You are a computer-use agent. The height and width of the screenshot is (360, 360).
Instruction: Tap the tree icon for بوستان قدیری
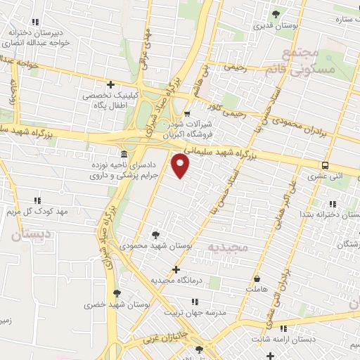click(x=276, y=14)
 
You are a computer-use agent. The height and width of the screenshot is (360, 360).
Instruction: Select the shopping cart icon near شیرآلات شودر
click(x=186, y=114)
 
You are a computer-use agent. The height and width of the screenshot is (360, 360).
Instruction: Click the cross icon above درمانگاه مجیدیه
click(x=176, y=269)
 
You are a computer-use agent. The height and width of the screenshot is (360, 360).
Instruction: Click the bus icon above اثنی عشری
click(x=324, y=166)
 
